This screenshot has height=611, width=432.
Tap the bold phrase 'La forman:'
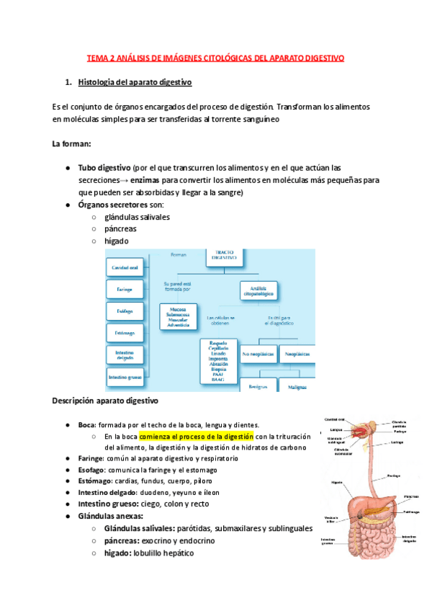[x=71, y=144]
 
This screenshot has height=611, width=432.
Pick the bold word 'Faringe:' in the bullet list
[x=91, y=458]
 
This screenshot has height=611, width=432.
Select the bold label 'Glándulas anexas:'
[x=110, y=516]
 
